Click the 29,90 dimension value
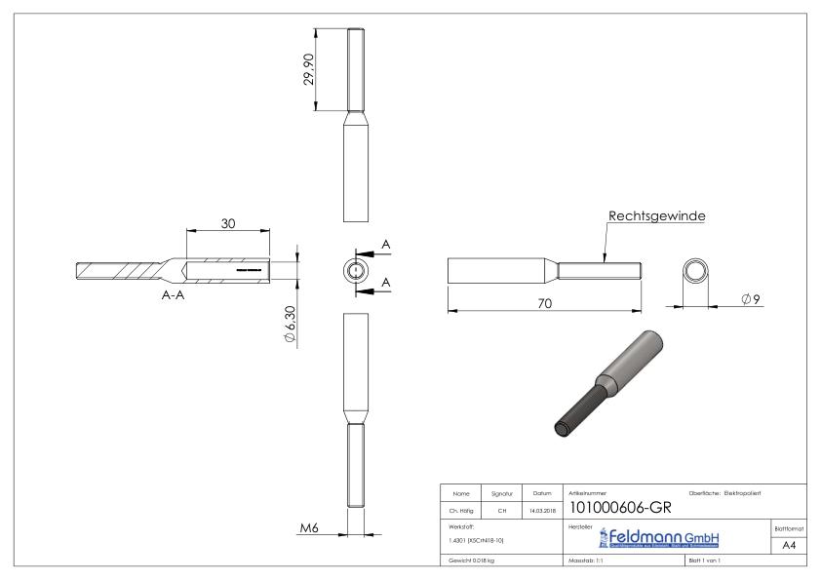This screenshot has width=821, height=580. (309, 68)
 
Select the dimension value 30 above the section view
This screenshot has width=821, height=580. (227, 223)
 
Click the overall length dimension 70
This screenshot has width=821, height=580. (545, 303)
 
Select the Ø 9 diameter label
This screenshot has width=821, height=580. (750, 296)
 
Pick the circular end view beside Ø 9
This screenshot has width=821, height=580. (696, 270)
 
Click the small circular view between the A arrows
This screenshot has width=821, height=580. (357, 269)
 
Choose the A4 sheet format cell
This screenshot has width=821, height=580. (792, 546)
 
